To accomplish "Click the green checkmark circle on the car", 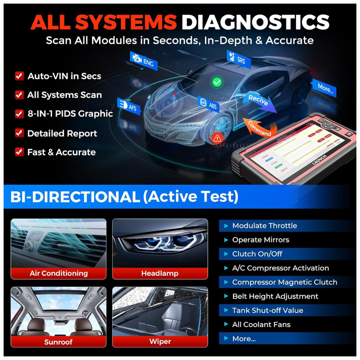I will point(217,82).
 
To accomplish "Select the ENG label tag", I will point(143,60).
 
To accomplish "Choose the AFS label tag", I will point(129,105).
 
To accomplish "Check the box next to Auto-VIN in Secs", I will point(19,76).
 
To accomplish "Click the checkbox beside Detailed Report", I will point(19,133).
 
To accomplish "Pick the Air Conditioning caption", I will point(59,273).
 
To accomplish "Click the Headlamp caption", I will point(160,273).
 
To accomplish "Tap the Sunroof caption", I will point(58,341).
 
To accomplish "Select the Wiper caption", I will point(160,341).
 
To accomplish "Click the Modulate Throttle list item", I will point(265,226).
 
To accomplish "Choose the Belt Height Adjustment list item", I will point(275,296).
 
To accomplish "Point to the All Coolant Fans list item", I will point(261,324).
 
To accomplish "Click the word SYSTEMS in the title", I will point(126,22).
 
